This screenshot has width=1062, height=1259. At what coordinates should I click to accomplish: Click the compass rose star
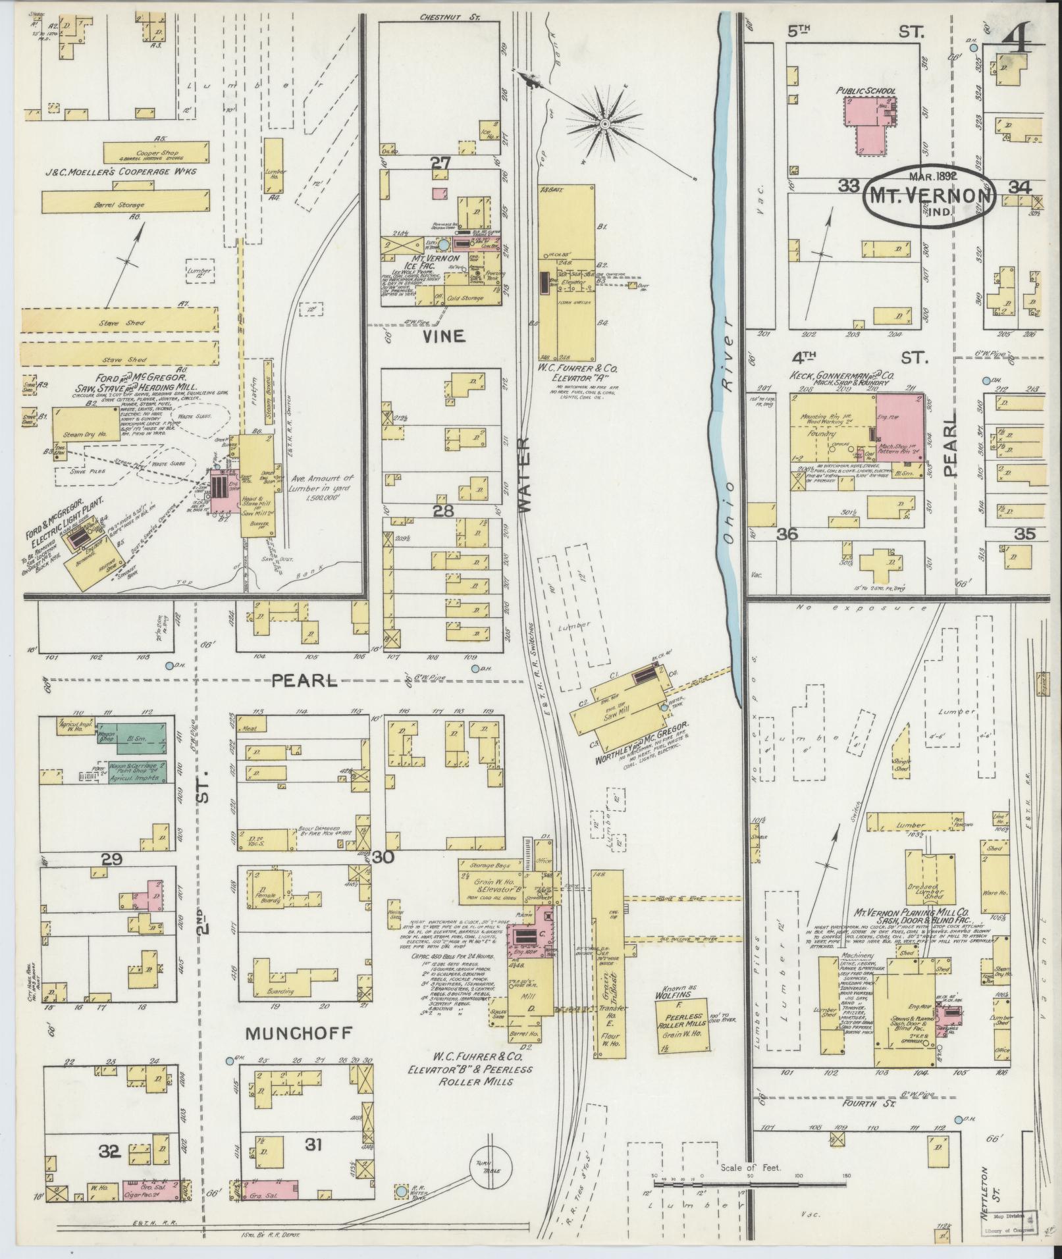click(604, 124)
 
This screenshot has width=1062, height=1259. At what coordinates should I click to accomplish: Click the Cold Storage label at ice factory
click(465, 298)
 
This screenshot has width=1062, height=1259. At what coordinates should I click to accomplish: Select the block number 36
click(786, 534)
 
